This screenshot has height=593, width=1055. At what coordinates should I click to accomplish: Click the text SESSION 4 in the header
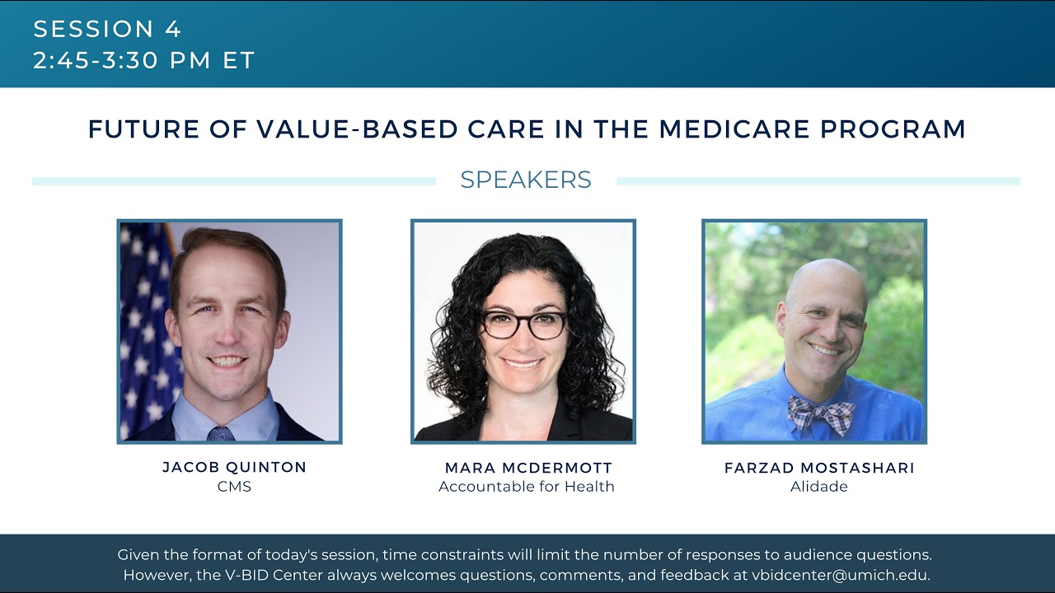[107, 30]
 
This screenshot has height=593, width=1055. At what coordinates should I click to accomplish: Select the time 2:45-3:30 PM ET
[144, 61]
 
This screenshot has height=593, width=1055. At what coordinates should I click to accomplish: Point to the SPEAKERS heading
[526, 180]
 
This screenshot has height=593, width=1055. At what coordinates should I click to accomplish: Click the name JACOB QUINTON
[234, 467]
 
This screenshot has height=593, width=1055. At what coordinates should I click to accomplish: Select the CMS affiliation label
[234, 487]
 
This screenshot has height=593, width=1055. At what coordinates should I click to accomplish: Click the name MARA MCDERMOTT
[528, 468]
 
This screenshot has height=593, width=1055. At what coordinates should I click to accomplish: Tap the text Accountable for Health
[527, 487]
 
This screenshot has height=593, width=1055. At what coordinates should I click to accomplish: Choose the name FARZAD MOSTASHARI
[819, 468]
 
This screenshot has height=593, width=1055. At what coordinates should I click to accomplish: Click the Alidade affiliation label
[819, 487]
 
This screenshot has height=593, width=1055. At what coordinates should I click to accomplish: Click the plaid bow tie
[820, 414]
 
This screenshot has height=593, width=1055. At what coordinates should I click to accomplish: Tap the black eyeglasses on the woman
[523, 325]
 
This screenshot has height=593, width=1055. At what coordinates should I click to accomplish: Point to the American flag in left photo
[144, 329]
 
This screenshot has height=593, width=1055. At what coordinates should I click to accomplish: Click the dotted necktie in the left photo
[221, 433]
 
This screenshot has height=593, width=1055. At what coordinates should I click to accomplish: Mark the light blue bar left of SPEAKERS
[234, 181]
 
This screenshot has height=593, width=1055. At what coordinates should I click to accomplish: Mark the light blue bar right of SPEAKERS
[818, 181]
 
